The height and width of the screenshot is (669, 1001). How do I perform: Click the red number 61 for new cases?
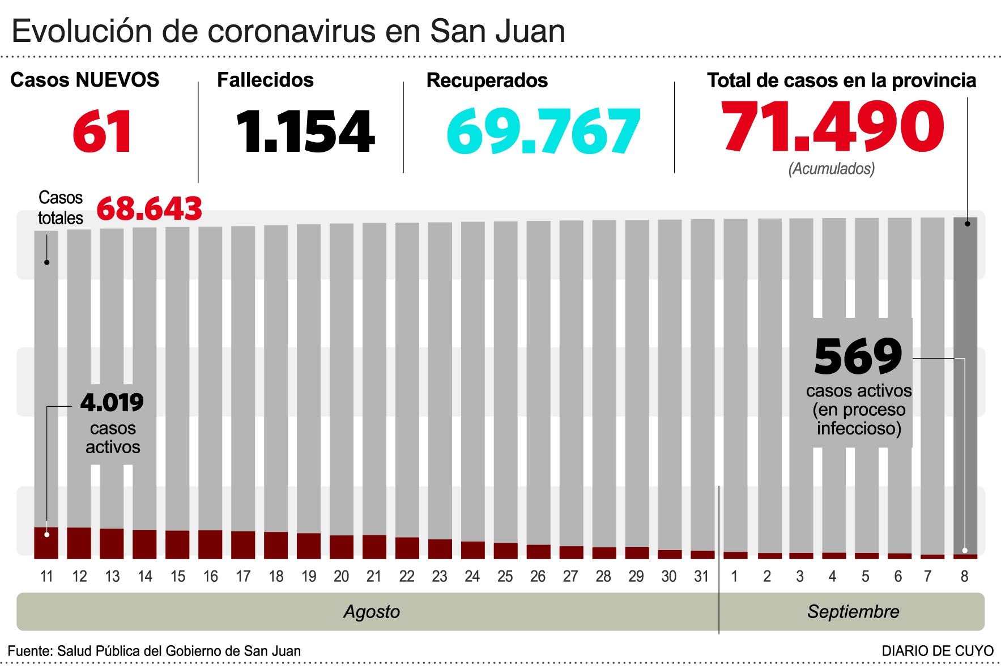coord(103,132)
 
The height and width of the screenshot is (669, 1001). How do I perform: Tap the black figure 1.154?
coord(305,132)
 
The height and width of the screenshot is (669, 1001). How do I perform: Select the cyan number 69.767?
coord(543,132)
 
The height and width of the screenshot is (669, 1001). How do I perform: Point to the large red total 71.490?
coord(832,127)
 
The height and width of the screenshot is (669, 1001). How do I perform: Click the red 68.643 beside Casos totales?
coord(149,208)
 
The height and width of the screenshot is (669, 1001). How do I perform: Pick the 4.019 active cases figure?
coord(112,403)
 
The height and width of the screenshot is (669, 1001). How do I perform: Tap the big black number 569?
coord(858,356)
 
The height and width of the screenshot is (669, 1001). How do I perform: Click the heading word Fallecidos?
coord(265,80)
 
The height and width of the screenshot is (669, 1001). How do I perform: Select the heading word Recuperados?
coord(487,80)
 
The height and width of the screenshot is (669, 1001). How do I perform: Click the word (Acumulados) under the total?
coord(832,168)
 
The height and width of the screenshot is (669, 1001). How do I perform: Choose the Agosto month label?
coord(372,612)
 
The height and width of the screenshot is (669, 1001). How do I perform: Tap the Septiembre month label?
coord(853,612)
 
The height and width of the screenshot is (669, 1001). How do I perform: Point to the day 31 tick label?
coord(701,576)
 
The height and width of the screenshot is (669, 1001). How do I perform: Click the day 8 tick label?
coord(964,576)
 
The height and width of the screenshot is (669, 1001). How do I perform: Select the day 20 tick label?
coord(341,576)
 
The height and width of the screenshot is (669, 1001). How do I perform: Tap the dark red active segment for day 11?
coord(46,544)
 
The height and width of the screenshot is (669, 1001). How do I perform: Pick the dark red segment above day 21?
coord(374,547)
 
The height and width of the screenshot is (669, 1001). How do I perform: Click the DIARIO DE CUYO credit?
coord(938,651)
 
